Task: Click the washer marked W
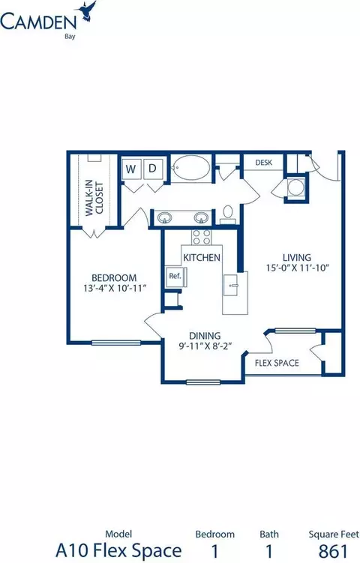coord(131,169)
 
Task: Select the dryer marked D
coord(153,169)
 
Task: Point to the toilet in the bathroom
coord(228,214)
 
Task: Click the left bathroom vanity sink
coord(165,217)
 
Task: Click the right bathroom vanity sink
coord(201,217)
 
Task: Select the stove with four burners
coord(201,237)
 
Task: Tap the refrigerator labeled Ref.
coord(175,277)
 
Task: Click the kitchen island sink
coord(231,285)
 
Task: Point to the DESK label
coord(264,163)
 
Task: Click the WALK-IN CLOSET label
coord(94,197)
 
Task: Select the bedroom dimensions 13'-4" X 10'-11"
coord(115,288)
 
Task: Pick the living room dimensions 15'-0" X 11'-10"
coord(298,268)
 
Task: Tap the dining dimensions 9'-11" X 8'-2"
coord(205,346)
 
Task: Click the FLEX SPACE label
coord(277,363)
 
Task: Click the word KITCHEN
coord(202,257)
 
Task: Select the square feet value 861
coord(333,551)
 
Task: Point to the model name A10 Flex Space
coord(118,550)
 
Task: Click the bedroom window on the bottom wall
coord(116,343)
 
